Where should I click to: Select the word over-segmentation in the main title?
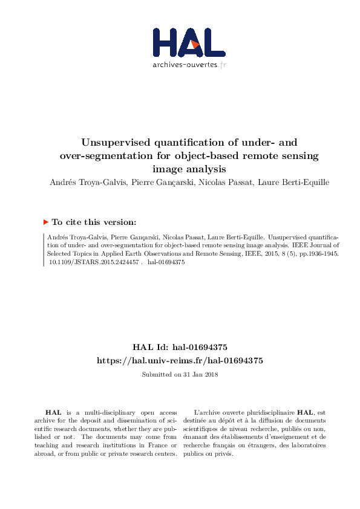point(100,157)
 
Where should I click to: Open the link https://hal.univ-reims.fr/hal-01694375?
point(180,360)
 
